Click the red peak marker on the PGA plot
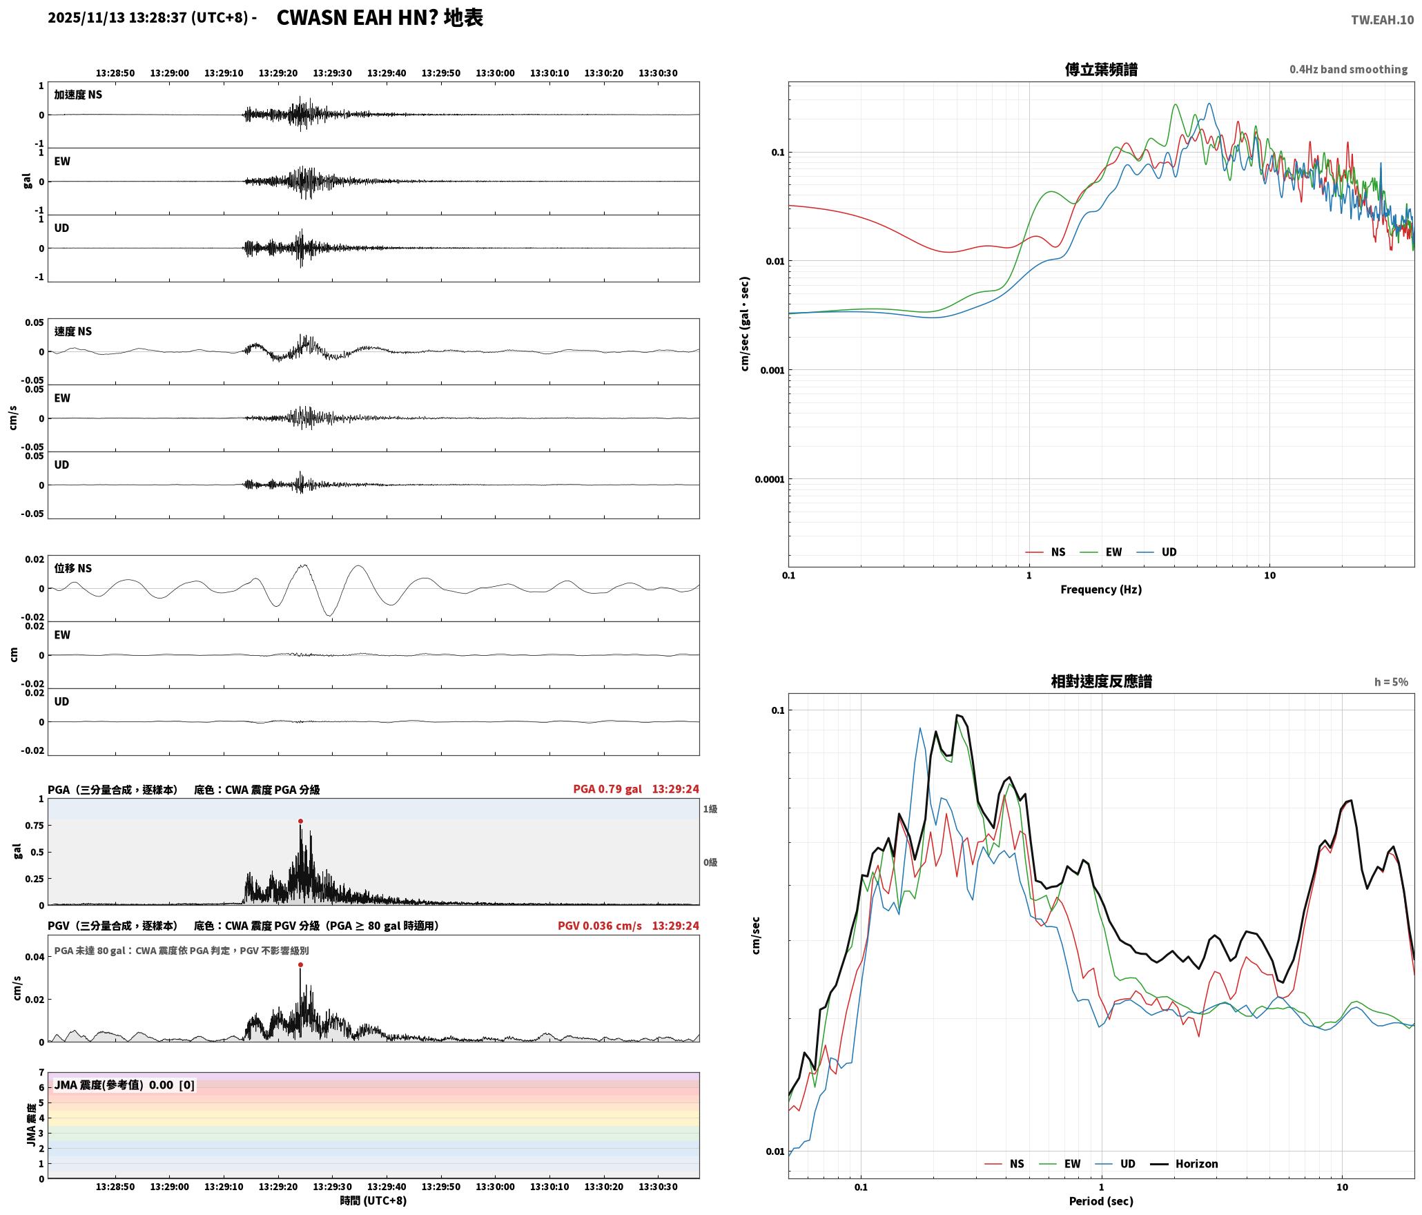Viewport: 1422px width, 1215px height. (x=300, y=821)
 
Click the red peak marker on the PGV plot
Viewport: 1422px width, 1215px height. (x=300, y=964)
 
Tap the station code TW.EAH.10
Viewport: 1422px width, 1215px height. (x=1382, y=20)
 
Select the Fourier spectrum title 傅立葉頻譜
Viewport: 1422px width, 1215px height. (x=1101, y=70)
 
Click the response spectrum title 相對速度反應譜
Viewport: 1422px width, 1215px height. (x=1101, y=681)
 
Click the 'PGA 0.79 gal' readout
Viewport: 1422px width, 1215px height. (x=607, y=789)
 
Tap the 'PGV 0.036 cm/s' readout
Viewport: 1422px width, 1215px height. (x=600, y=925)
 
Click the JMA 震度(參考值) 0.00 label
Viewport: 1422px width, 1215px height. (x=114, y=1085)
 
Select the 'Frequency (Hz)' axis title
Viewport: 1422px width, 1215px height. (x=1101, y=589)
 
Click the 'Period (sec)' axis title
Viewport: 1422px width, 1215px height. (x=1101, y=1201)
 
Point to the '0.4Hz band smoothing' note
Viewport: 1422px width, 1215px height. (x=1348, y=69)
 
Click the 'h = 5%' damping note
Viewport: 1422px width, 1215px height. (x=1391, y=681)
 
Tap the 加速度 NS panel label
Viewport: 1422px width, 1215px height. (x=78, y=95)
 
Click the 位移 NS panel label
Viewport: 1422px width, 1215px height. (x=73, y=568)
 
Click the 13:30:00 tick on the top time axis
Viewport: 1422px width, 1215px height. (x=495, y=72)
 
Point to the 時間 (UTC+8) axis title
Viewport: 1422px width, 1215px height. (x=373, y=1201)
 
